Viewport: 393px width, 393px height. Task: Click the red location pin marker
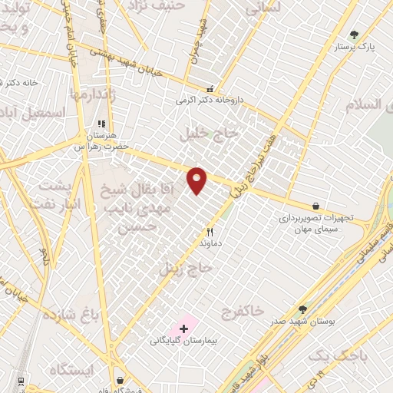coord(197,179)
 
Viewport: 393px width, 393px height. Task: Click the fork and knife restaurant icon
coord(210,231)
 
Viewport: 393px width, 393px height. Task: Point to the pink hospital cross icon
coord(183,328)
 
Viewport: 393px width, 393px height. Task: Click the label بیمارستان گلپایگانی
coord(184,339)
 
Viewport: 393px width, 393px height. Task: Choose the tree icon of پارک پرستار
coord(354,35)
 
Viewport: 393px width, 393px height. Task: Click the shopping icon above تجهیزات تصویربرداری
coord(315,206)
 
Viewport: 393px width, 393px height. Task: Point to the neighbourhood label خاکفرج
coord(243,312)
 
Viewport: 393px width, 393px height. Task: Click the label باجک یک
coord(337,357)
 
